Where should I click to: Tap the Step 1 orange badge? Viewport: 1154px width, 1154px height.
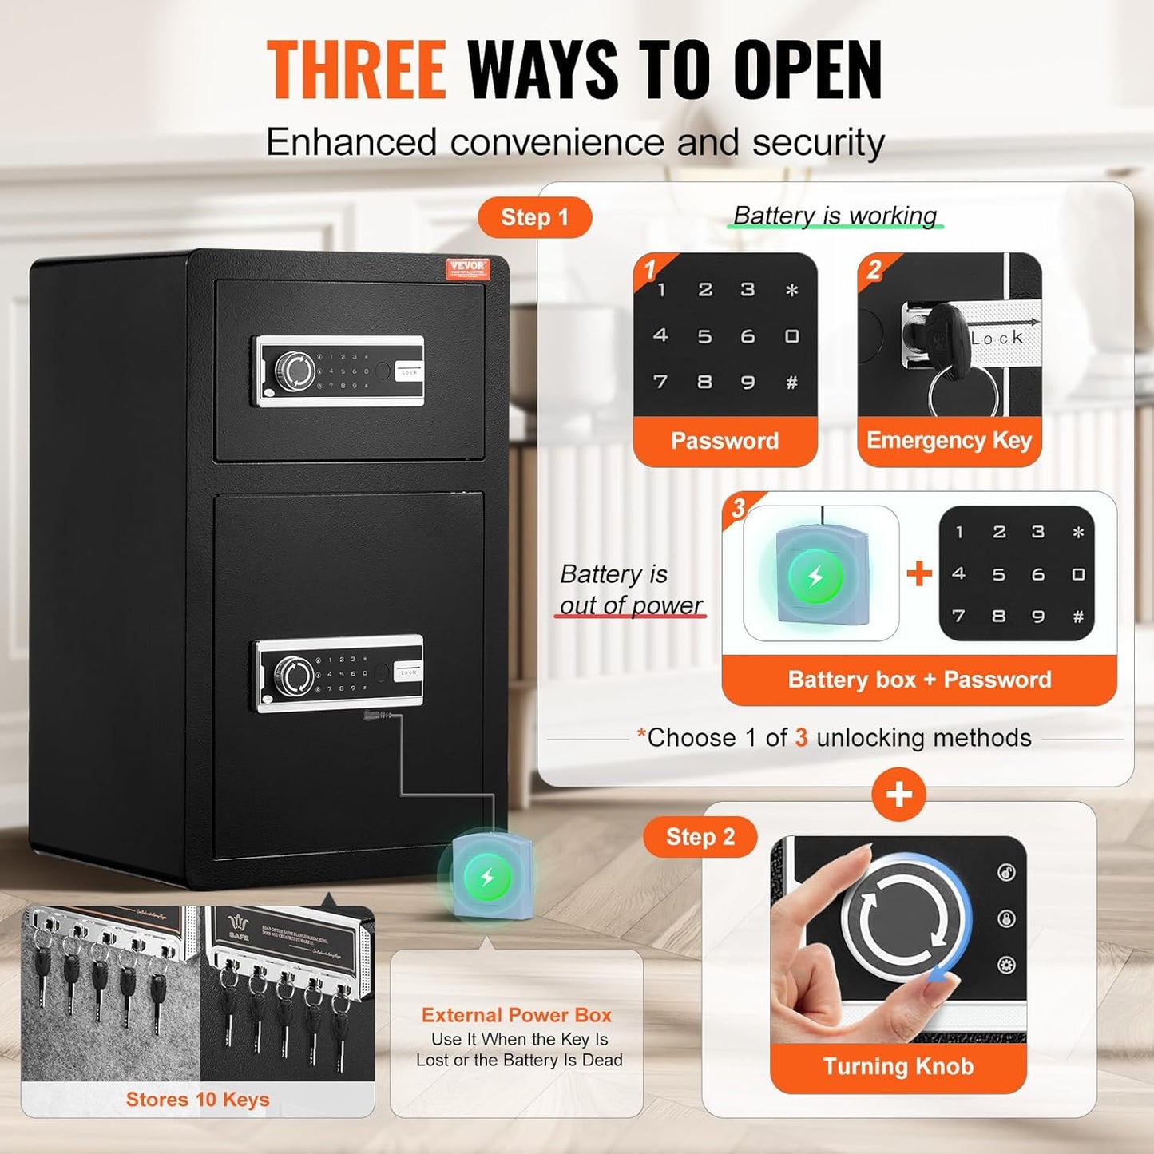[x=534, y=217]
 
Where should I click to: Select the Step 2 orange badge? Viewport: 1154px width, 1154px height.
[x=700, y=837]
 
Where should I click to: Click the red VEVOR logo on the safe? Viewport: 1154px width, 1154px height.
[x=466, y=268]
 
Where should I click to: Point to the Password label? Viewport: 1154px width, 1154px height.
[x=724, y=441]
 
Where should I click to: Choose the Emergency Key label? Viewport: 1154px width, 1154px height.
[x=949, y=441]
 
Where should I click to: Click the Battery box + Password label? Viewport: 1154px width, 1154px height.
[x=919, y=680]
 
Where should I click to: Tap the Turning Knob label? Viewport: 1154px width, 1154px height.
[x=898, y=1067]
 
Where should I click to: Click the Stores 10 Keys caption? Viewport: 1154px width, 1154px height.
[x=197, y=1100]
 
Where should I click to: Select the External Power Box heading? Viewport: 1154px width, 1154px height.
[x=517, y=1015]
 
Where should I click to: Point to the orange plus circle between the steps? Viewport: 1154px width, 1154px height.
[x=899, y=795]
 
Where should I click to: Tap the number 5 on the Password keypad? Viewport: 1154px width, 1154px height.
[x=704, y=336]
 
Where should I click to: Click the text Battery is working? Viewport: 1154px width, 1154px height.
[x=835, y=216]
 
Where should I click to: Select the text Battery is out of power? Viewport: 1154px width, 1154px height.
[x=630, y=589]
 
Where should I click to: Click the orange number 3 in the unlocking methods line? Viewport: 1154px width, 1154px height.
[x=801, y=738]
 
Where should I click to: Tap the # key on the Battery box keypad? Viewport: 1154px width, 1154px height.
[x=1078, y=617]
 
